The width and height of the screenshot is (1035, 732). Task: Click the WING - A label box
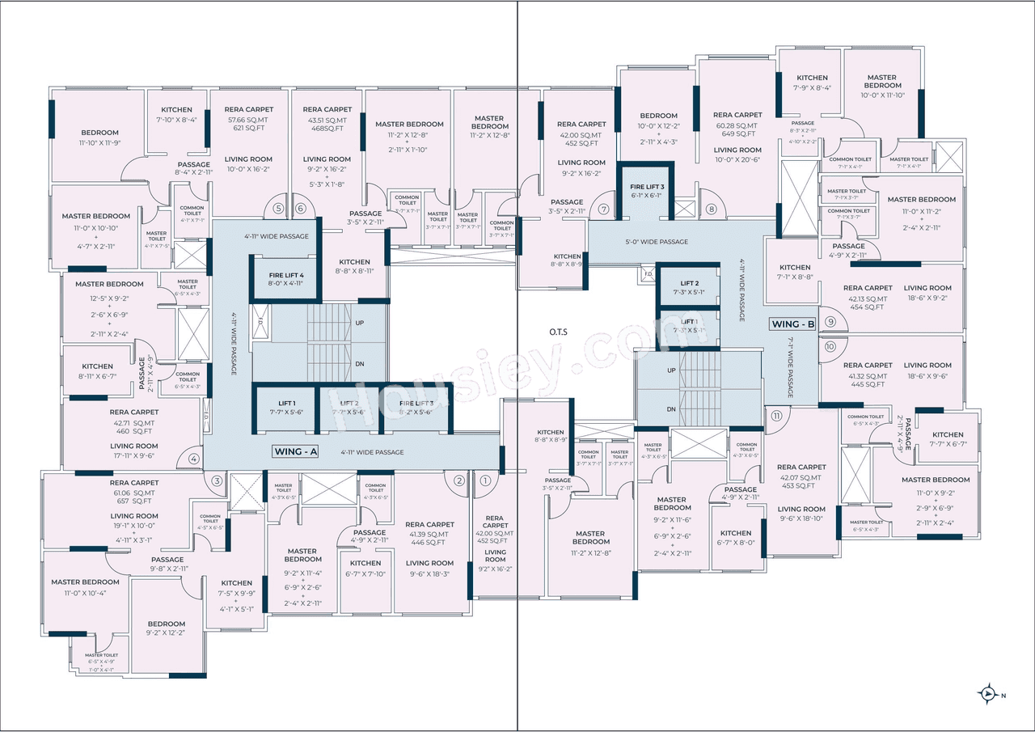[294, 451]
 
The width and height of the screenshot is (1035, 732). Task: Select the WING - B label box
[793, 324]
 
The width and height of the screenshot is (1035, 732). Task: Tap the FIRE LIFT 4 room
[285, 279]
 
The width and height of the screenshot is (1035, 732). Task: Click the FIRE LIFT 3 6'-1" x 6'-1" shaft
[647, 191]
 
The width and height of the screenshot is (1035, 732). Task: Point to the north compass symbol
[987, 694]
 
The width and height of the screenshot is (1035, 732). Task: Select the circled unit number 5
[279, 208]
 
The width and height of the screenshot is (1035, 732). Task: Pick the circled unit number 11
[776, 416]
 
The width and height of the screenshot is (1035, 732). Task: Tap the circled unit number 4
[193, 459]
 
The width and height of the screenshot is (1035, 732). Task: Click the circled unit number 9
[830, 321]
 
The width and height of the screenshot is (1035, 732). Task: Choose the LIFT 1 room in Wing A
[286, 408]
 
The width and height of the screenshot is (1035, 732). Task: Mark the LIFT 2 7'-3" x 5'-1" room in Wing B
[689, 287]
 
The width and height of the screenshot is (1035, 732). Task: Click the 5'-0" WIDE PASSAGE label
[657, 242]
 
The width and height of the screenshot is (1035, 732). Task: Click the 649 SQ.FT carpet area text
[737, 135]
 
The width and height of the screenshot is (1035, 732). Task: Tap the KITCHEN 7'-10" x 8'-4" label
[176, 114]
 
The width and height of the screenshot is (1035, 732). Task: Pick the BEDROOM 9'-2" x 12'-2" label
[166, 628]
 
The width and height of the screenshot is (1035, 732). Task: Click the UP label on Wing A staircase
[359, 323]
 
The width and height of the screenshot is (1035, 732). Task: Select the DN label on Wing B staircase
[671, 409]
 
